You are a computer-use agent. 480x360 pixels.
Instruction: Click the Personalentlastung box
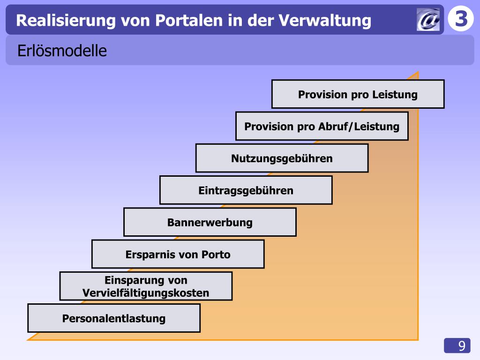(114, 318)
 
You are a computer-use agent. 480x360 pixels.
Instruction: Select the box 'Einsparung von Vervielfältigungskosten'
(146, 286)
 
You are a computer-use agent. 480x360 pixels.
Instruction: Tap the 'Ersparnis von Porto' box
(178, 254)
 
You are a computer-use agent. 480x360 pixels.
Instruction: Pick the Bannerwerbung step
(210, 222)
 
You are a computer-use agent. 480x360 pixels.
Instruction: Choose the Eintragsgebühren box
(246, 190)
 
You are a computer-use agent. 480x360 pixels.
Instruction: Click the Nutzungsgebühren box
(282, 158)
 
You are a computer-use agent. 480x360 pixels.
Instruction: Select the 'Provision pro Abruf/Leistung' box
(322, 126)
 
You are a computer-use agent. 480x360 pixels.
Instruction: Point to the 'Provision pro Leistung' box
(358, 94)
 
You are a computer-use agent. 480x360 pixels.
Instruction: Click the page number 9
(462, 346)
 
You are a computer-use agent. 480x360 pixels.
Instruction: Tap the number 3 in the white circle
(461, 19)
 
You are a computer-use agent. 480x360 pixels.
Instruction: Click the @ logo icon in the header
(428, 20)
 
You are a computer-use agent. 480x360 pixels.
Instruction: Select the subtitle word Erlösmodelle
(62, 51)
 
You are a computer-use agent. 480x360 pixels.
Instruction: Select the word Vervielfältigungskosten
(146, 293)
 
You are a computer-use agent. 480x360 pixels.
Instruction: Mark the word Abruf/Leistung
(359, 127)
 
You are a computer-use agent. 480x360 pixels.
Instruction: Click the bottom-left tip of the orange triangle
(29, 339)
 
